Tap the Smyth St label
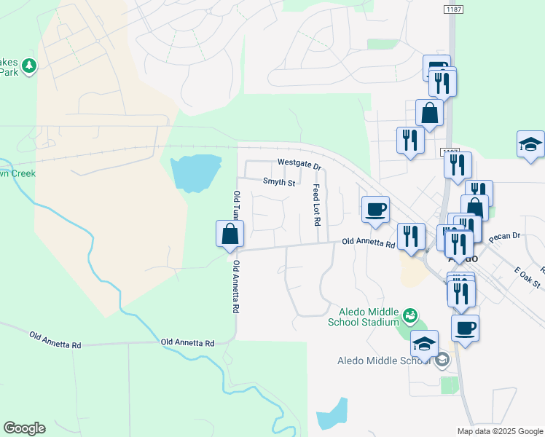[278, 182]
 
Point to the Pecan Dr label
[503, 236]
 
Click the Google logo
[24, 428]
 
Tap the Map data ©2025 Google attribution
[499, 431]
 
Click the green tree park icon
[29, 66]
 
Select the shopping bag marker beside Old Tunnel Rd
[230, 235]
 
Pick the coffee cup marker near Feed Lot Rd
[376, 209]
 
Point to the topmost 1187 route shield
[453, 8]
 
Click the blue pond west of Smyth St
[195, 172]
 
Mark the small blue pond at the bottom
[332, 416]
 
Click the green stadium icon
[410, 315]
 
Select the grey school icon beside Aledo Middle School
[443, 360]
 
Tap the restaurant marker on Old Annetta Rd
[412, 237]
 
